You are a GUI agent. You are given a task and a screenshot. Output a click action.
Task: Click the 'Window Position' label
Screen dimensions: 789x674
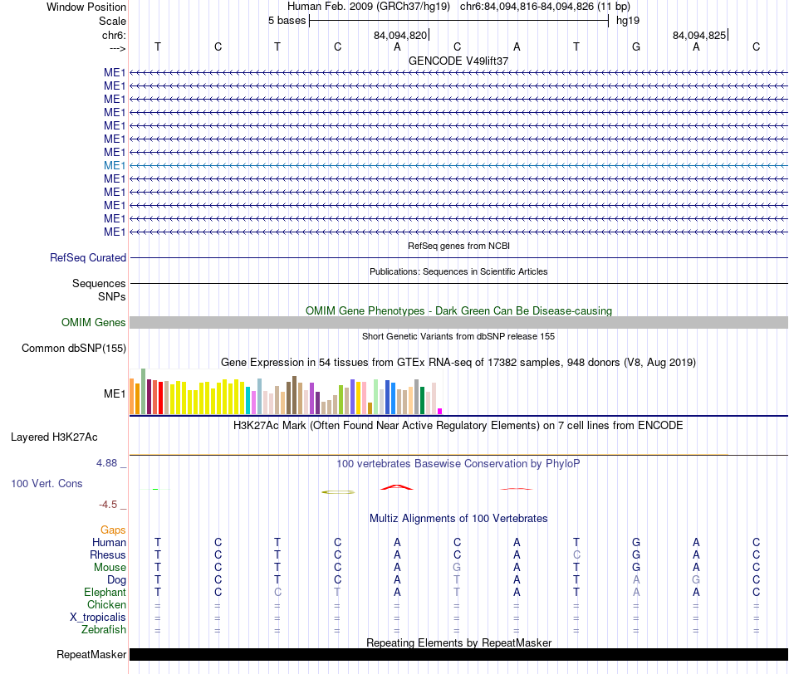coord(86,7)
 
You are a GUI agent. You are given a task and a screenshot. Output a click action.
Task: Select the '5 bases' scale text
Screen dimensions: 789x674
coord(287,21)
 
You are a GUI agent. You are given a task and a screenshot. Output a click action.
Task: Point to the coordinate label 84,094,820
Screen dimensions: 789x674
coord(400,35)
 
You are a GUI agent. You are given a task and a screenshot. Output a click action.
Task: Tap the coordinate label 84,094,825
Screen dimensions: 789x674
coord(699,35)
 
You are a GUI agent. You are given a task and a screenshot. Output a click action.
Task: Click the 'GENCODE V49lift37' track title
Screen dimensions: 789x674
coord(458,61)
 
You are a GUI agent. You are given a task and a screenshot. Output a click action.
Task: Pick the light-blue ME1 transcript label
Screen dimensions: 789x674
coord(115,165)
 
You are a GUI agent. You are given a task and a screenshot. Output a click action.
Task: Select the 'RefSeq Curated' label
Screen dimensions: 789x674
coord(88,257)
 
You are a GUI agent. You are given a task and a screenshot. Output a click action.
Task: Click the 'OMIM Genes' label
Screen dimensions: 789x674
coord(94,322)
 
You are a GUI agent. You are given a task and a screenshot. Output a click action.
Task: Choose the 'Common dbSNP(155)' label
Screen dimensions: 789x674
coord(74,348)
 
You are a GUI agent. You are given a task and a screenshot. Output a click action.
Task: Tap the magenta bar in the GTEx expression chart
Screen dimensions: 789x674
coord(440,412)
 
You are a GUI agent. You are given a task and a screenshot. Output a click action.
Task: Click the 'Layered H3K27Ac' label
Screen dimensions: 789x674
coord(54,437)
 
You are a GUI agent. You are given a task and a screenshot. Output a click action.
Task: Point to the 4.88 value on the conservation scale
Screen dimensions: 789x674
coord(106,462)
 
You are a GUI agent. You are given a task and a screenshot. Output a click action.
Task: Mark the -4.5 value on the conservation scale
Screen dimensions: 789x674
coord(108,505)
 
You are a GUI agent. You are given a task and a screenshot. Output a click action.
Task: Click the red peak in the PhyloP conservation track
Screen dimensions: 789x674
coord(397,486)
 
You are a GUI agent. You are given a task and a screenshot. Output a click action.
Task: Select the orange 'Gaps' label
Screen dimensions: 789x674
coord(113,530)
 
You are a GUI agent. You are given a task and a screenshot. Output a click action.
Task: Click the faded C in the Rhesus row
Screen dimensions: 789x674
coord(576,554)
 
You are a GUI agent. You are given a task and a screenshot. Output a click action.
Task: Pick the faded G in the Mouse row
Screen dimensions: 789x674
coord(457,568)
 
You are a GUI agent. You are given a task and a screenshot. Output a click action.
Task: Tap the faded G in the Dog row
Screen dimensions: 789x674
coord(696,580)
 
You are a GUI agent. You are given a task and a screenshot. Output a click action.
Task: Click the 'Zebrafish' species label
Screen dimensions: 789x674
coord(104,630)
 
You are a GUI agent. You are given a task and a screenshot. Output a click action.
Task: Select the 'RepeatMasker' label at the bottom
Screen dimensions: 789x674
coord(91,654)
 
